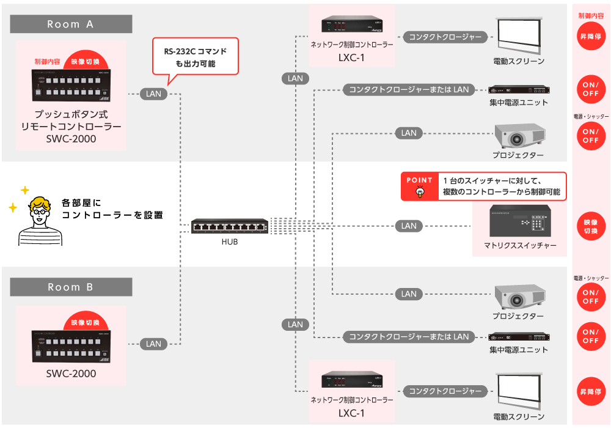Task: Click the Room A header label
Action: click(71, 24)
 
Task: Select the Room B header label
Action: click(71, 287)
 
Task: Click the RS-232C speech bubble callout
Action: click(195, 57)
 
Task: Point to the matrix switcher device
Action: click(520, 221)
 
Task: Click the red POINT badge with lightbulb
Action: click(419, 186)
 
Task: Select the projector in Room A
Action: click(519, 136)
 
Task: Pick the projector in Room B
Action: click(519, 297)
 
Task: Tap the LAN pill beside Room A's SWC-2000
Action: click(153, 94)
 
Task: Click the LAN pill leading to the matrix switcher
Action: click(409, 226)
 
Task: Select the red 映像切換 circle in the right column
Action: click(590, 226)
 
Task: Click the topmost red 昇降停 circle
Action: click(590, 37)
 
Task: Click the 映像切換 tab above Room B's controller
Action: click(85, 322)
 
